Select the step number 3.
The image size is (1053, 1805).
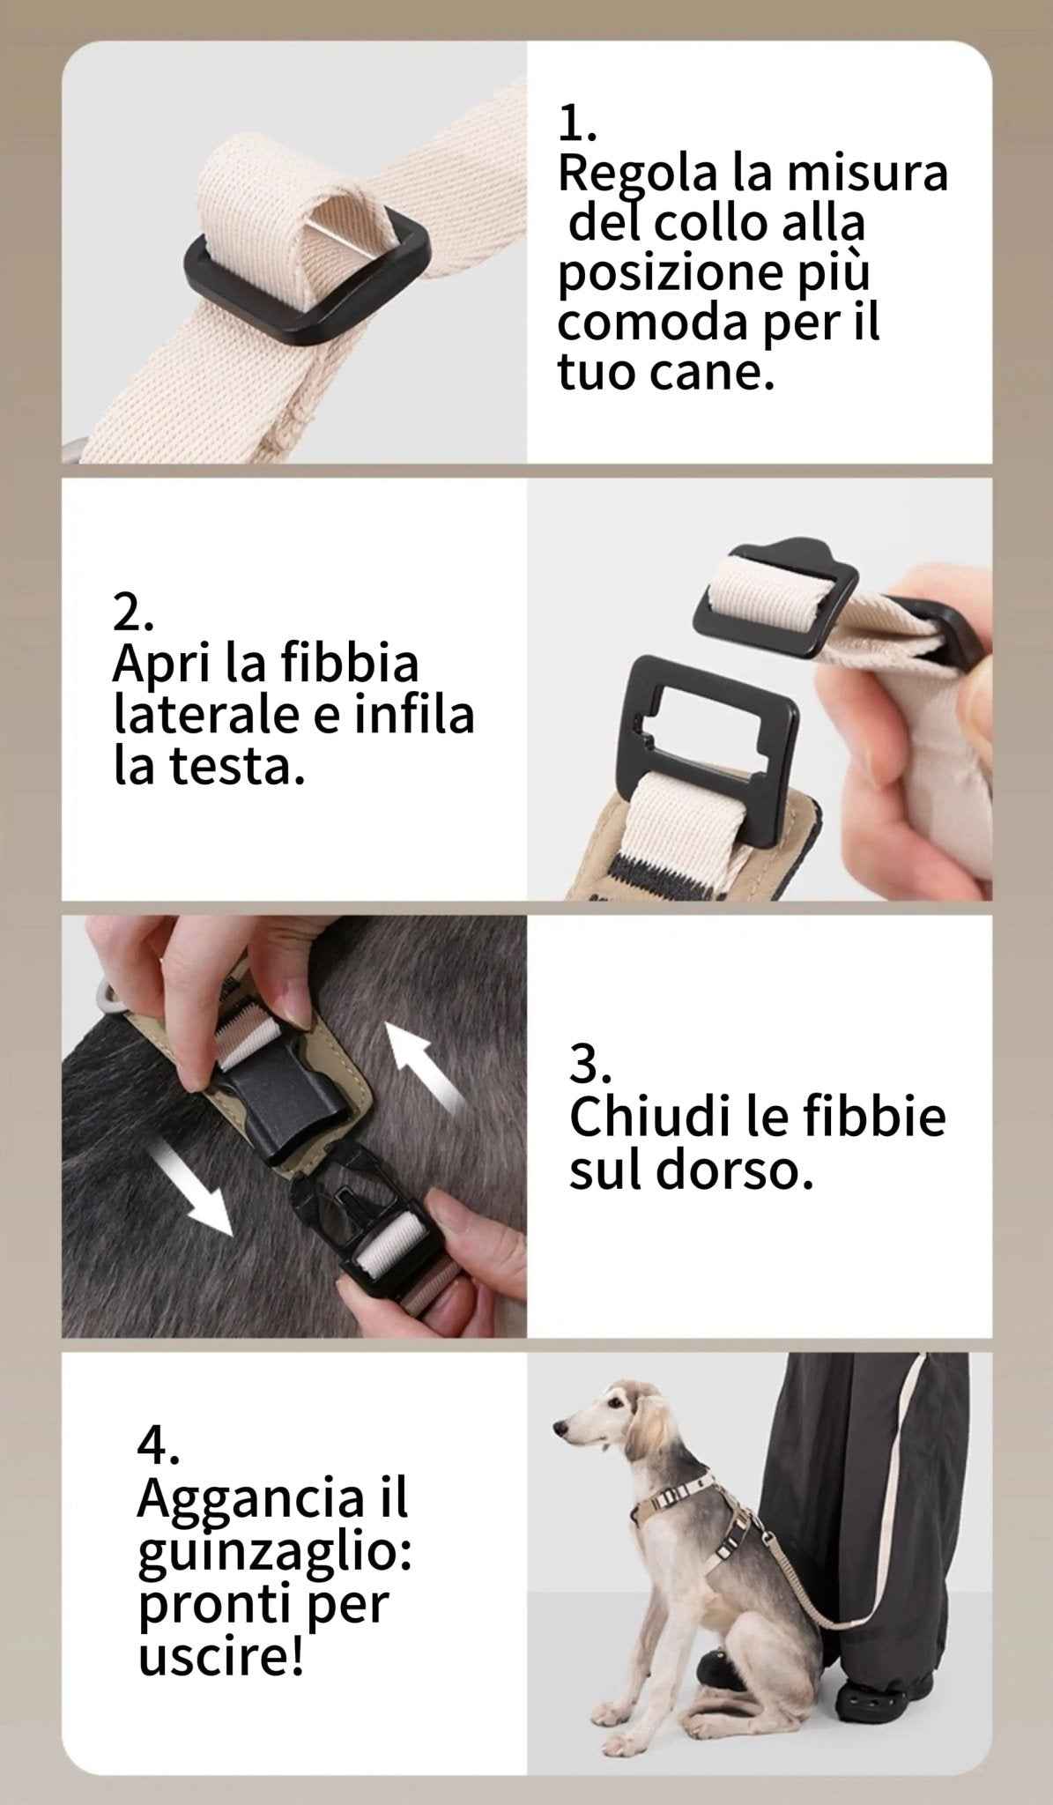589,1064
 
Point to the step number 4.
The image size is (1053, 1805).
159,1444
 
